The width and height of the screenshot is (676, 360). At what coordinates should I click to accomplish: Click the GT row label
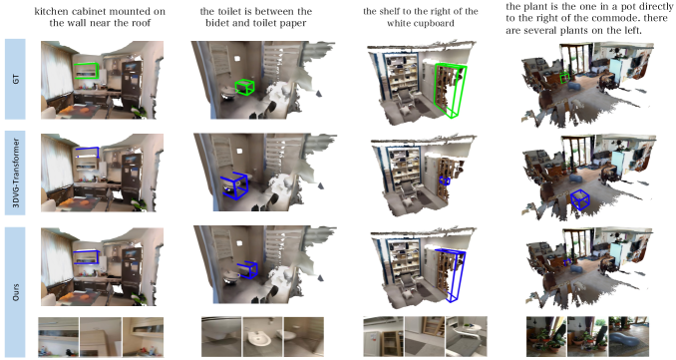16,79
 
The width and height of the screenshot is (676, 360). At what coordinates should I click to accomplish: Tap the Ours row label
16,291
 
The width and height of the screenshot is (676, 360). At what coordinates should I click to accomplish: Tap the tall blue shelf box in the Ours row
451,251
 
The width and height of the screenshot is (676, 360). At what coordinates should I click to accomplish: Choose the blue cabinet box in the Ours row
86,251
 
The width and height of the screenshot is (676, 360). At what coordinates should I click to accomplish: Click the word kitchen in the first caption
51,11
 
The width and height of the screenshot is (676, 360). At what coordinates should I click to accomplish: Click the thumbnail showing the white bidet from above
262,337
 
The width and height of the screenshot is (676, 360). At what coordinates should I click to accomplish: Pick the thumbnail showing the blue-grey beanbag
628,336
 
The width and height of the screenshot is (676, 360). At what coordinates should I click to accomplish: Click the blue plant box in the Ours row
567,261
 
